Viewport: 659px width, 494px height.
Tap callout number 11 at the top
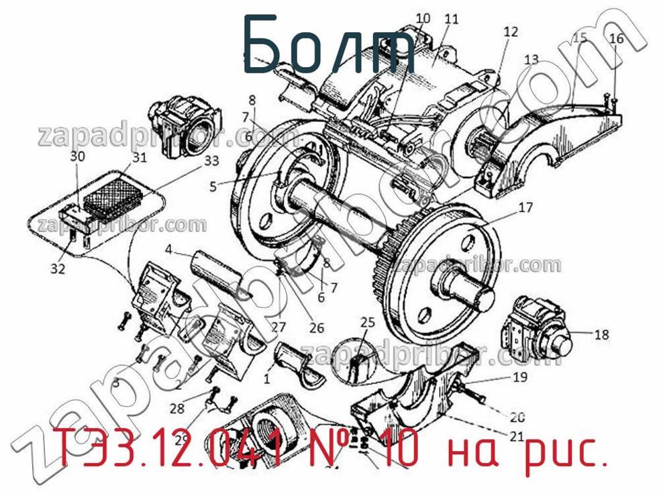[x=451, y=19]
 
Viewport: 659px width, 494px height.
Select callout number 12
[x=511, y=32]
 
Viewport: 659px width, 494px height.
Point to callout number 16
[x=616, y=39]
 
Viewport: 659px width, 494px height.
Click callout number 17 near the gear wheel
[x=525, y=208]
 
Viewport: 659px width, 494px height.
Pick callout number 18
[x=601, y=334]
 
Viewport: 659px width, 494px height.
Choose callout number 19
[x=520, y=377]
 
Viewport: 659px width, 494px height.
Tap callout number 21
[x=516, y=436]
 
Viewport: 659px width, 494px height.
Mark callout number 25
[x=367, y=322]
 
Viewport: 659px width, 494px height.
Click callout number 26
[x=316, y=328]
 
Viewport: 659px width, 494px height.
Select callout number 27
[x=278, y=328]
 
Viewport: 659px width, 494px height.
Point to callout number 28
[x=177, y=408]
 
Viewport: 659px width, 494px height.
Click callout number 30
[x=78, y=156]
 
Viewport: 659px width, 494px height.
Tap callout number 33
[x=211, y=161]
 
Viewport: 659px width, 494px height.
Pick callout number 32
[x=58, y=270]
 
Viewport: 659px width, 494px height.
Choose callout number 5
[x=213, y=187]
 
